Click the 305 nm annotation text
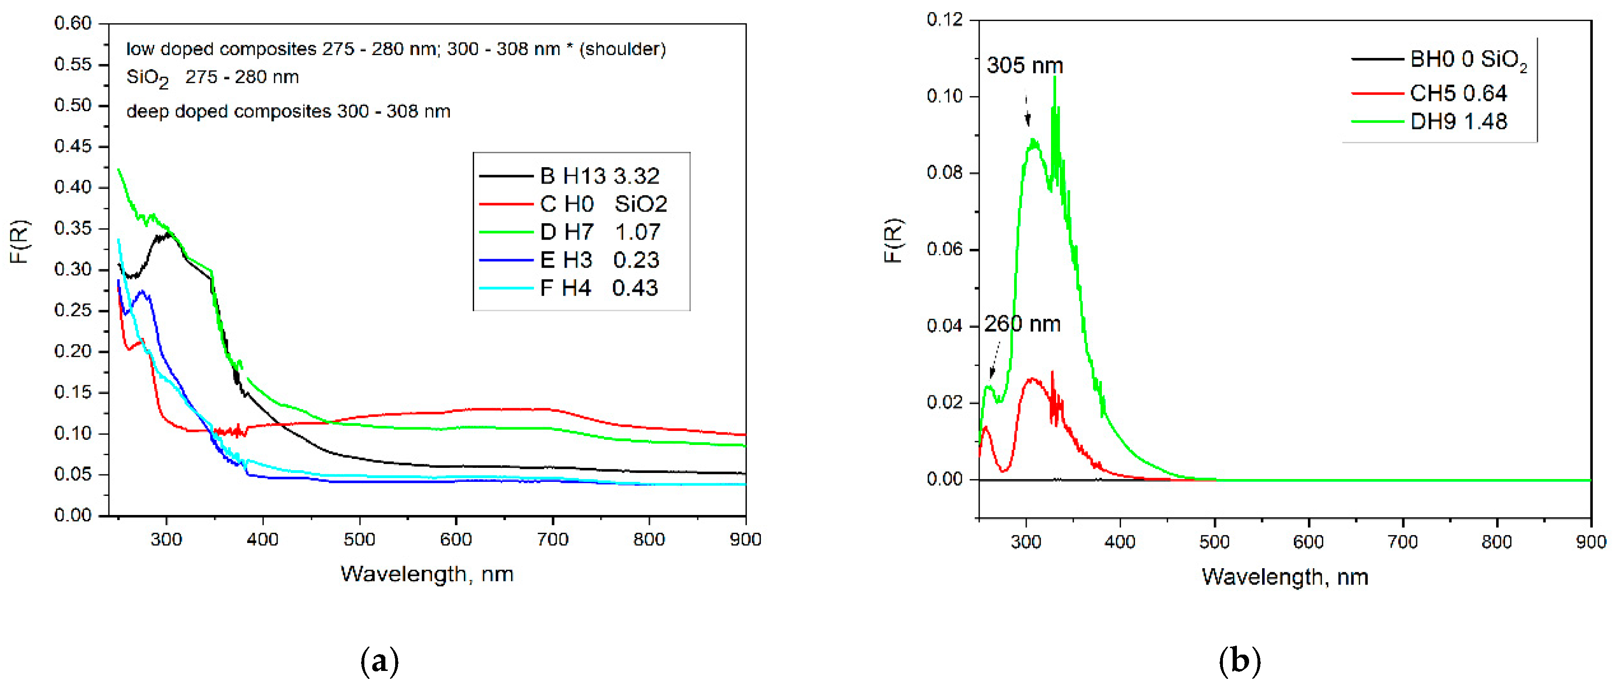[1024, 65]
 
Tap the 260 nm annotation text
[1022, 324]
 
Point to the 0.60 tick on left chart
[73, 23]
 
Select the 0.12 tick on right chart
[944, 20]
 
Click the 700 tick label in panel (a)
[553, 540]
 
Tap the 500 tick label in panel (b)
[1214, 542]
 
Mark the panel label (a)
[380, 662]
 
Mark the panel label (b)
[1239, 662]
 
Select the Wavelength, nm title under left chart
[427, 574]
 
